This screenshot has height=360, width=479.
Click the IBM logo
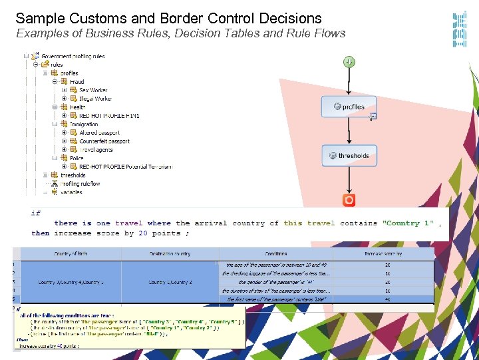pyautogui.click(x=459, y=30)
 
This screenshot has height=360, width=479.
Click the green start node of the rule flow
pyautogui.click(x=349, y=62)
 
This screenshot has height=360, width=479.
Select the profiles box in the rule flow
pyautogui.click(x=349, y=107)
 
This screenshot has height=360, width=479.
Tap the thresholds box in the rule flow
pyautogui.click(x=349, y=155)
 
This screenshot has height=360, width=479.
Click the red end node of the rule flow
pyautogui.click(x=349, y=199)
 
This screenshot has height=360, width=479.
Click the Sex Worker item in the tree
pyautogui.click(x=93, y=90)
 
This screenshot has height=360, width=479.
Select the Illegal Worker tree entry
pyautogui.click(x=95, y=99)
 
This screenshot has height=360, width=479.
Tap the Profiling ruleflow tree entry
pyautogui.click(x=80, y=184)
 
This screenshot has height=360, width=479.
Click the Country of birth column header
pyautogui.click(x=71, y=254)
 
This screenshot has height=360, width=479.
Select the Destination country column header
pyautogui.click(x=170, y=254)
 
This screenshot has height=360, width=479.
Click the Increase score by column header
pyautogui.click(x=383, y=254)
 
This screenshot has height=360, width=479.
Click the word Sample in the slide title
pyautogui.click(x=39, y=19)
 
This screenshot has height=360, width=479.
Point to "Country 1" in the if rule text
pyautogui.click(x=407, y=223)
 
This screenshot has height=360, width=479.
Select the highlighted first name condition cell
pyautogui.click(x=275, y=299)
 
